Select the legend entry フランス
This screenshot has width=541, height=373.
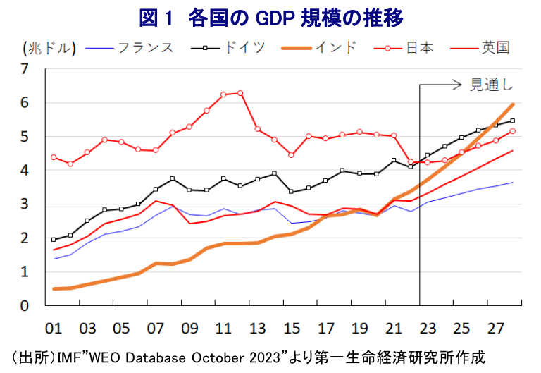[145, 48]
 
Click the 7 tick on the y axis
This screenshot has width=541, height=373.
[25, 69]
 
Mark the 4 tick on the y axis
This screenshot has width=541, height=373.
[25, 171]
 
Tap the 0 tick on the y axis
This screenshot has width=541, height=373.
[25, 306]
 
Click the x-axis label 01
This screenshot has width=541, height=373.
[54, 329]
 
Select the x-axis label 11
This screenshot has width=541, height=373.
[223, 329]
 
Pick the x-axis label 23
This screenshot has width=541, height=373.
[428, 329]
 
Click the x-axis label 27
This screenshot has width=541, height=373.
[496, 329]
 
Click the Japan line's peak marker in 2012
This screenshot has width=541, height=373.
[240, 93]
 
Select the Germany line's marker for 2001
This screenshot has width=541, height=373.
[54, 240]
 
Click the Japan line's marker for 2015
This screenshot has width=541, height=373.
[291, 155]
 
